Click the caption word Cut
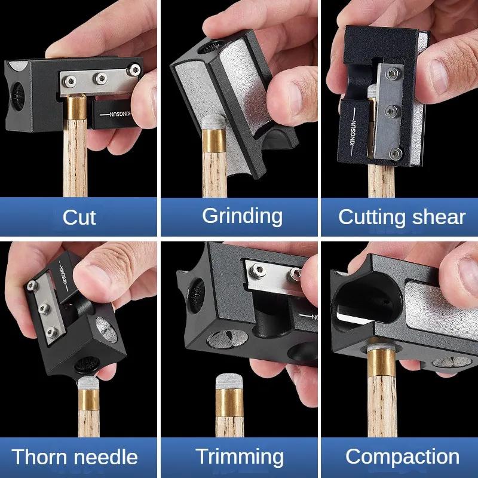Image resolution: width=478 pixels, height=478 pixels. click(79, 217)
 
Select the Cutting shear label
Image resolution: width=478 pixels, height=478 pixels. click(402, 217)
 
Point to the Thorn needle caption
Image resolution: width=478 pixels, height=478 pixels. click(75, 458)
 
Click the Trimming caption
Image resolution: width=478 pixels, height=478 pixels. click(240, 457)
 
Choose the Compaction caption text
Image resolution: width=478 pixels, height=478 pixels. click(402, 457)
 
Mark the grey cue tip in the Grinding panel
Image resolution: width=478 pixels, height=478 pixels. click(212, 124)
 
